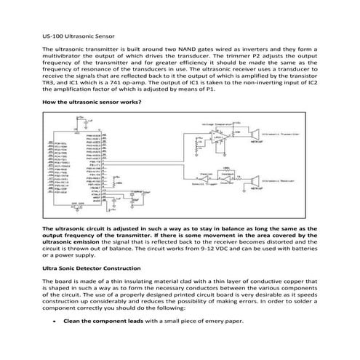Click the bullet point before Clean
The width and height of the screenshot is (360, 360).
coord(55,321)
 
